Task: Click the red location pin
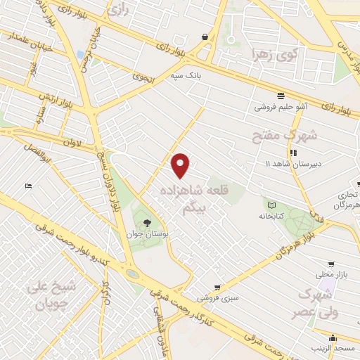click(x=181, y=165)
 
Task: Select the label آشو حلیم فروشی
click(x=281, y=107)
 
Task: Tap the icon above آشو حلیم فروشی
click(x=281, y=95)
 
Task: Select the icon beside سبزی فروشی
click(x=218, y=287)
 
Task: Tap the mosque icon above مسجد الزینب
click(x=331, y=338)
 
